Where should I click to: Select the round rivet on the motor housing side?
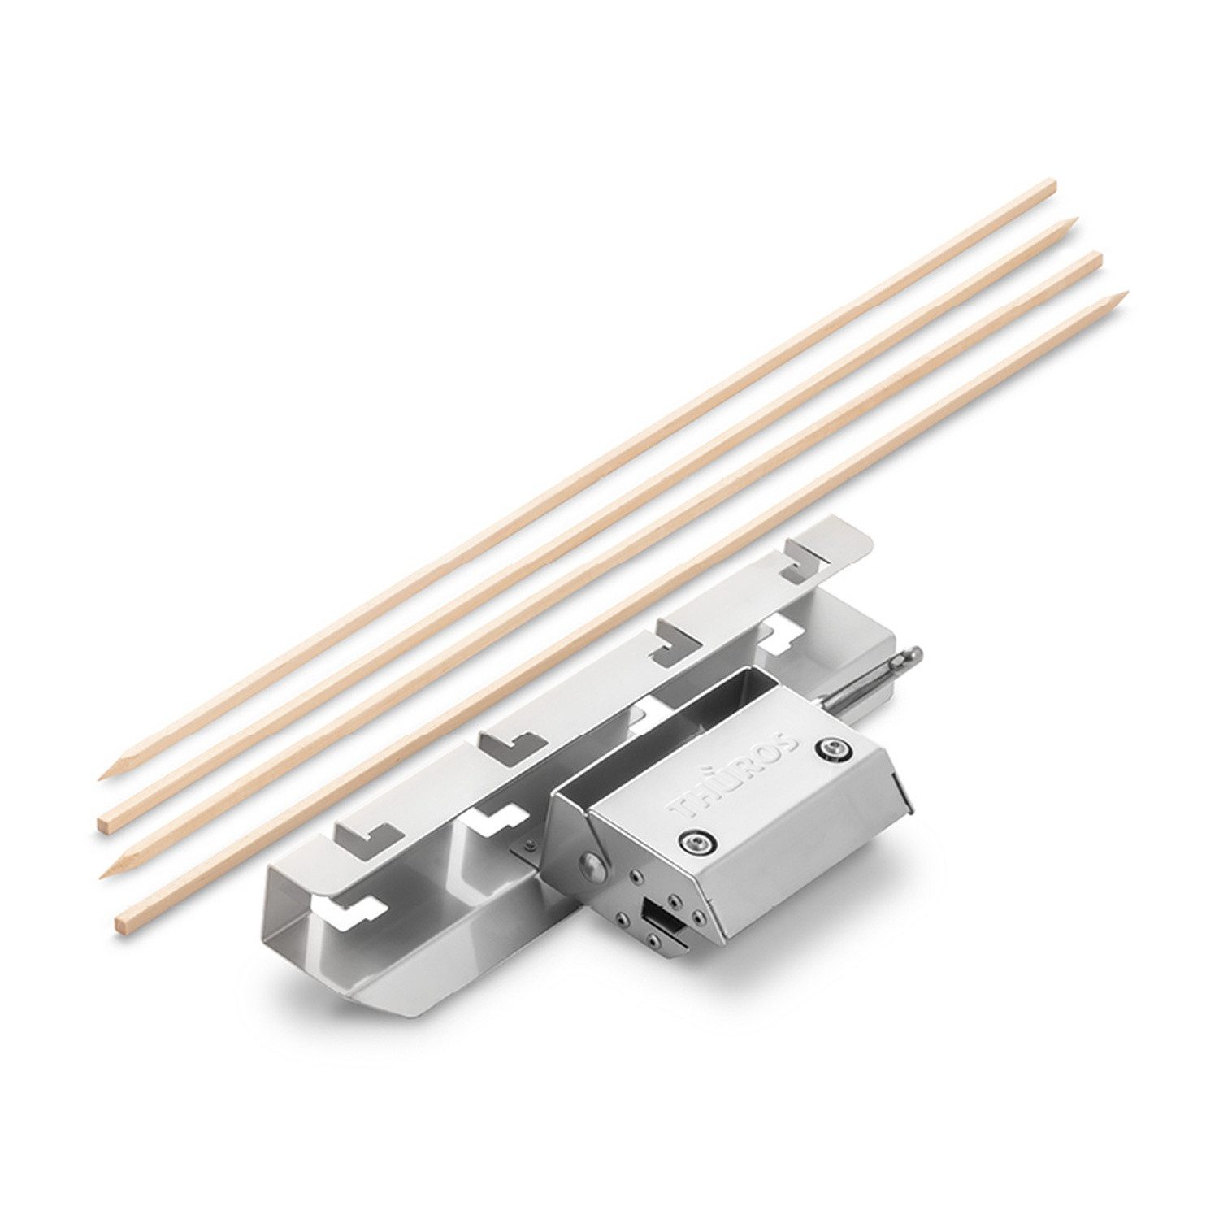coord(591,867)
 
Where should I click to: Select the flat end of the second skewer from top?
coord(103,825)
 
